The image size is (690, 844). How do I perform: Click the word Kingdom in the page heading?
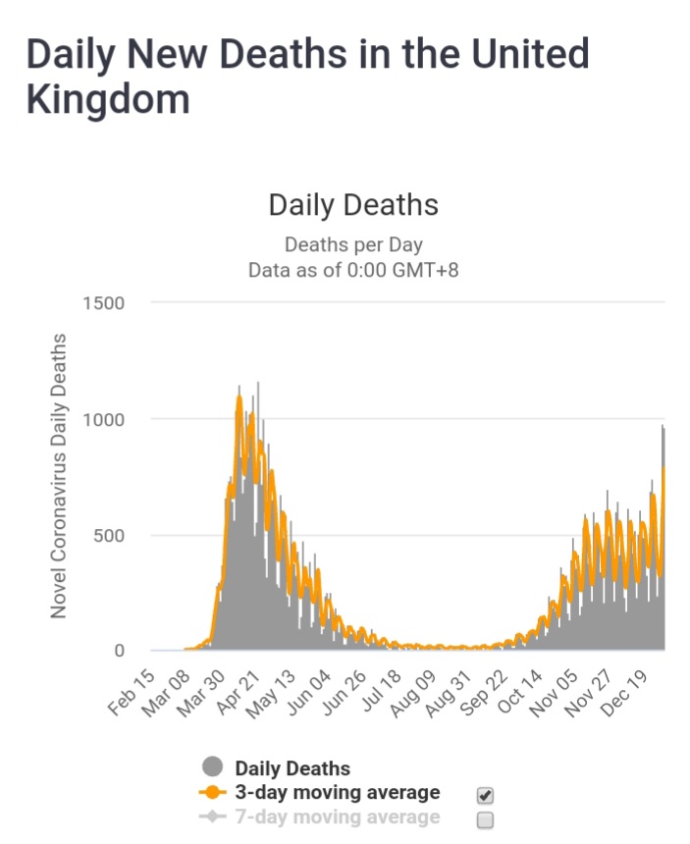pos(108,100)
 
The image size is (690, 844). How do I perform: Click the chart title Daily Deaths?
pos(352,205)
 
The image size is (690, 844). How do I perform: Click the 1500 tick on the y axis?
pos(104,303)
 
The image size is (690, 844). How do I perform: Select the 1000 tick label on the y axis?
pos(104,419)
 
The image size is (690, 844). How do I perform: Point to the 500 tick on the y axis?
pos(109,535)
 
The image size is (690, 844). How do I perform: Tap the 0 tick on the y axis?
pos(120,651)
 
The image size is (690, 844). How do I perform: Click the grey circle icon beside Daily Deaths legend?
pos(212,767)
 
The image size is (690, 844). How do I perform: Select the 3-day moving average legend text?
pos(337,792)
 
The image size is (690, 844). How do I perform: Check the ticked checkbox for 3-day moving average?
pos(484,794)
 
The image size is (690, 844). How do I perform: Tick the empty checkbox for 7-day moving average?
pos(484,819)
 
